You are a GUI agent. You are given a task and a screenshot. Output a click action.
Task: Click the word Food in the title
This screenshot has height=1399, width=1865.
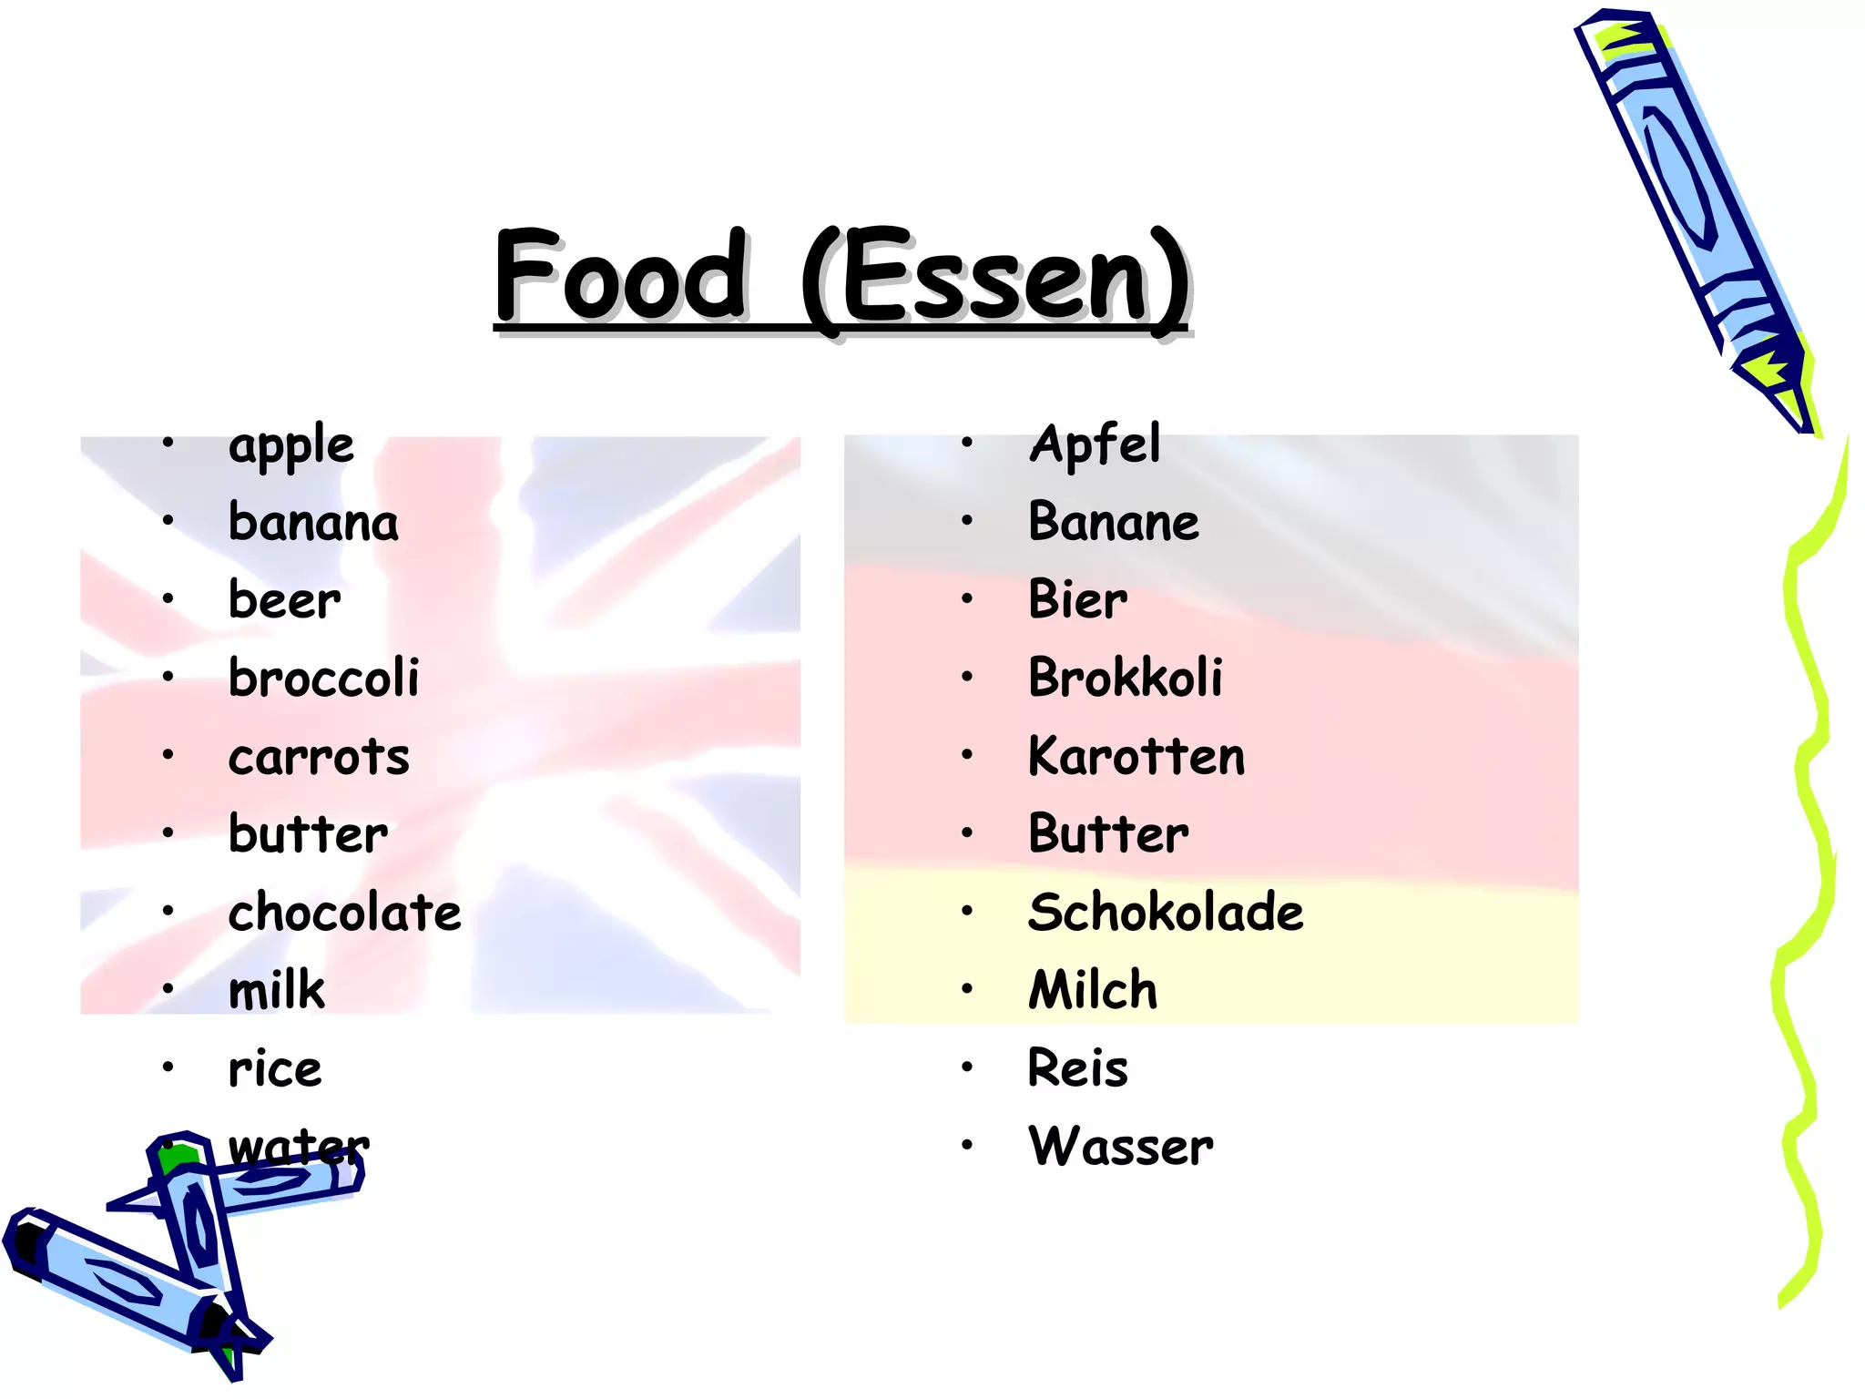click(621, 275)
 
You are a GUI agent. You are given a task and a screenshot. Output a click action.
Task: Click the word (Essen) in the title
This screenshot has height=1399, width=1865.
click(994, 278)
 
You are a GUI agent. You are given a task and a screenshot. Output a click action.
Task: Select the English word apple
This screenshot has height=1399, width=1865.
click(290, 446)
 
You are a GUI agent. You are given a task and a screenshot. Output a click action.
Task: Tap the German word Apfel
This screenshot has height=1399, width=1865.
click(1095, 445)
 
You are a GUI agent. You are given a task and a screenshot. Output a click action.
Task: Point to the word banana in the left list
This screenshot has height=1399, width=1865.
click(313, 523)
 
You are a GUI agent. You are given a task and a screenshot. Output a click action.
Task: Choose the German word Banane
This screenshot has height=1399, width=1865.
click(1113, 522)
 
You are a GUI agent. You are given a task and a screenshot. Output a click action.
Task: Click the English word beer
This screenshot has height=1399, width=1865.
click(284, 601)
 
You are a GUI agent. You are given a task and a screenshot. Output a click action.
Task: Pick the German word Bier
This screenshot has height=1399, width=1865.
click(1077, 600)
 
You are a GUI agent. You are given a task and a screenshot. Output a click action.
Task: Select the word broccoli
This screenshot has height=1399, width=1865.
click(323, 679)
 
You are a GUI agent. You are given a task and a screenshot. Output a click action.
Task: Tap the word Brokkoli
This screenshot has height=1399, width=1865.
click(1125, 678)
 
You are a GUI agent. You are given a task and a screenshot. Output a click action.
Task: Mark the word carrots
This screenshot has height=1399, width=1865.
click(319, 757)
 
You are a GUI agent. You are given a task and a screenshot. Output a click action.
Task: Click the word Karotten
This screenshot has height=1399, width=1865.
click(1136, 756)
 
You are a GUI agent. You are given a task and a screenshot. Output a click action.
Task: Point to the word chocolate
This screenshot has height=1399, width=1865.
click(344, 913)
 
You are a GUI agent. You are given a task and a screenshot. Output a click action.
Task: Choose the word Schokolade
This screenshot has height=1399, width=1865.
click(1166, 912)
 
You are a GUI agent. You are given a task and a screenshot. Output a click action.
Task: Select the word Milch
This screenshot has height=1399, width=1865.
click(1093, 990)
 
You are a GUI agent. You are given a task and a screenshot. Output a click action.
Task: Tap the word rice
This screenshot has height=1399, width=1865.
click(275, 1068)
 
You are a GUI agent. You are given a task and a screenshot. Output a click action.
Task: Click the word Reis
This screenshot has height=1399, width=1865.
click(1077, 1068)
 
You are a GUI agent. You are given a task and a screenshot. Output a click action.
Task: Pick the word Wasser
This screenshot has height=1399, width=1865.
click(1120, 1147)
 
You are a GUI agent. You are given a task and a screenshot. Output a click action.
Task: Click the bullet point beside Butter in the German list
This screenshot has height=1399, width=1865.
click(967, 833)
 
